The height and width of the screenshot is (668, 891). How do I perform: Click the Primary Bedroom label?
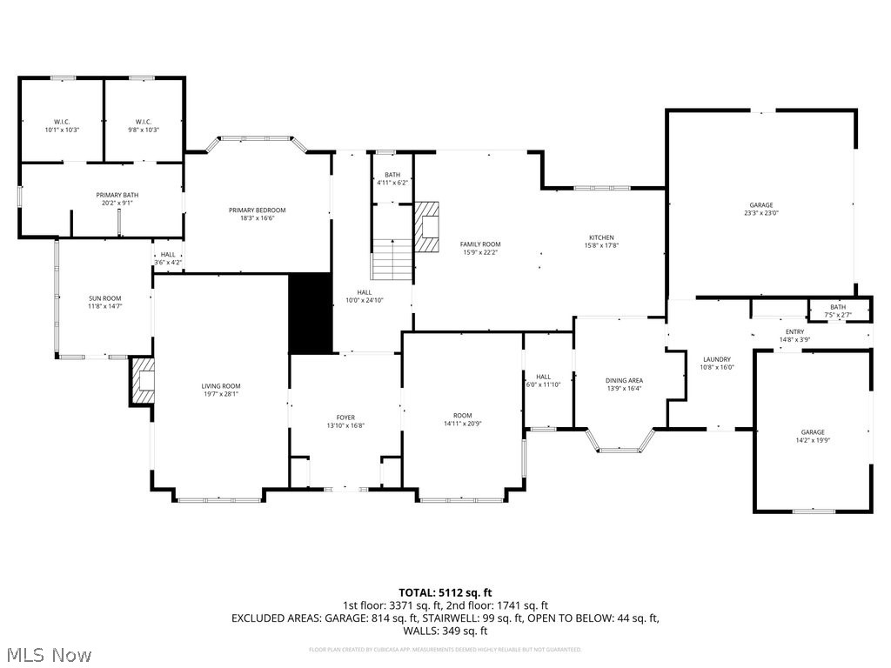pos(257,210)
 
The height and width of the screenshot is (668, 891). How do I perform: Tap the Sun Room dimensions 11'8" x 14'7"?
pos(104,306)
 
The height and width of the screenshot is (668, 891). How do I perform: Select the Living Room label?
pos(221,386)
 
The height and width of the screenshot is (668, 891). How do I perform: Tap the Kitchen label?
pos(601,237)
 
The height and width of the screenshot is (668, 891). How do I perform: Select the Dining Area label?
pos(624,380)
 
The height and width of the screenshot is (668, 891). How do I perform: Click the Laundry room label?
pos(717,359)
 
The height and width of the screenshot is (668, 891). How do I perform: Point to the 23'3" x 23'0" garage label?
pos(760,205)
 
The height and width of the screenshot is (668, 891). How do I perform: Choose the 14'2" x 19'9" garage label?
pos(813,432)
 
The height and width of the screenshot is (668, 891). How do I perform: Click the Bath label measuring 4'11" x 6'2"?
pos(392,175)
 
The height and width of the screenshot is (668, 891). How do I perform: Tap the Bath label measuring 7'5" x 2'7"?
pos(837,307)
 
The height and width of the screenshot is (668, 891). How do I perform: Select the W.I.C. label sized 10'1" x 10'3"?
pos(61,122)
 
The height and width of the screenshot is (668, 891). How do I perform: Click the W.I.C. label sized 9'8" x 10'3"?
pos(144,122)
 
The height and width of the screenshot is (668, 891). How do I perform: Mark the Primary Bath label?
pos(117,195)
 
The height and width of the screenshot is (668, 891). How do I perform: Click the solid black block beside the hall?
pos(310,313)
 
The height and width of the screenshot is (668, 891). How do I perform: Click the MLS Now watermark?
pos(48,653)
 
